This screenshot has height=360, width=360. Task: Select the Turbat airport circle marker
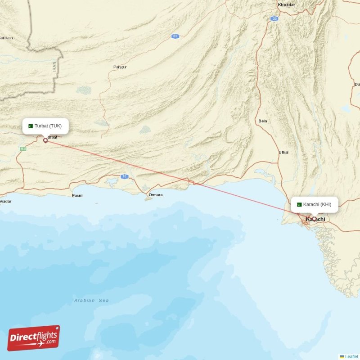tap(45, 140)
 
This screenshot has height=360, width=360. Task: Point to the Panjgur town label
tap(120, 67)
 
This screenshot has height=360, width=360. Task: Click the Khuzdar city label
tap(286, 4)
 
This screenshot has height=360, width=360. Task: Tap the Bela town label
tap(263, 121)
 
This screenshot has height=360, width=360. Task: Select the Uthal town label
tap(283, 153)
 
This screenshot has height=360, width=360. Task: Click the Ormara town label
tap(155, 195)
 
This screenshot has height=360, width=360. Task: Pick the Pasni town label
tap(77, 196)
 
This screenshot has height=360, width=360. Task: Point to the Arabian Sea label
tap(91, 300)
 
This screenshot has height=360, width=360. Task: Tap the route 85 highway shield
tap(175, 36)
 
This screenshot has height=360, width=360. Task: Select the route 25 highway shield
tap(274, 18)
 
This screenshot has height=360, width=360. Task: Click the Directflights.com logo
tap(34, 338)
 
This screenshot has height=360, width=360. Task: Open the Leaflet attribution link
tap(351, 356)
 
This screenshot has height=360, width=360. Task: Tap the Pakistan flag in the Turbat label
tap(31, 126)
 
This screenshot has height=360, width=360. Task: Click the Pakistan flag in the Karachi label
tap(299, 204)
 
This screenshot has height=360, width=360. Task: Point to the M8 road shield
tap(23, 148)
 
